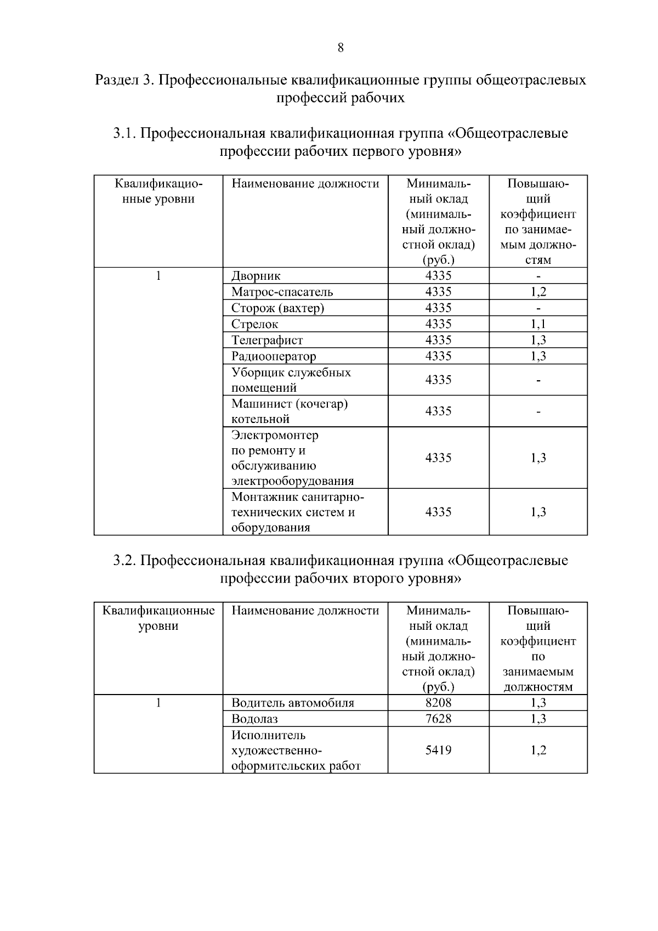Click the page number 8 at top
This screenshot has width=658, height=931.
[340, 48]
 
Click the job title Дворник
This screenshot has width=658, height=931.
[256, 276]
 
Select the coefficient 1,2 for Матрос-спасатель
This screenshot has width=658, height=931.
[538, 292]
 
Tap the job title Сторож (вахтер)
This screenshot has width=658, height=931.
[277, 308]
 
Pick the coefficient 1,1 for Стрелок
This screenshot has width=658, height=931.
[538, 324]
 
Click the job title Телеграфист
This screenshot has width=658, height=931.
[267, 340]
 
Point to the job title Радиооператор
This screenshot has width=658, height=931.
[274, 356]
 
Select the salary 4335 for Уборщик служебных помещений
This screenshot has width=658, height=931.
[438, 380]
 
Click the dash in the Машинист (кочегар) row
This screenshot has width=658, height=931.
[538, 411]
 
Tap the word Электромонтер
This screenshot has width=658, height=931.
[275, 436]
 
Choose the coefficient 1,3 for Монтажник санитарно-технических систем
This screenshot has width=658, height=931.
[538, 512]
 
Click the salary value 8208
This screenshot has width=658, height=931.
[438, 703]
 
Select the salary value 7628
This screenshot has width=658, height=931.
[438, 719]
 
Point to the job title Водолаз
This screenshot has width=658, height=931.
[254, 719]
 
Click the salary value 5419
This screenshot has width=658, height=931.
[438, 750]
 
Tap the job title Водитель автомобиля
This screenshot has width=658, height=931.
[293, 703]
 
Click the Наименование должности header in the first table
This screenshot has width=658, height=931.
[305, 184]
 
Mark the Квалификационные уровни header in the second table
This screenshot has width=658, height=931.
[158, 618]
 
